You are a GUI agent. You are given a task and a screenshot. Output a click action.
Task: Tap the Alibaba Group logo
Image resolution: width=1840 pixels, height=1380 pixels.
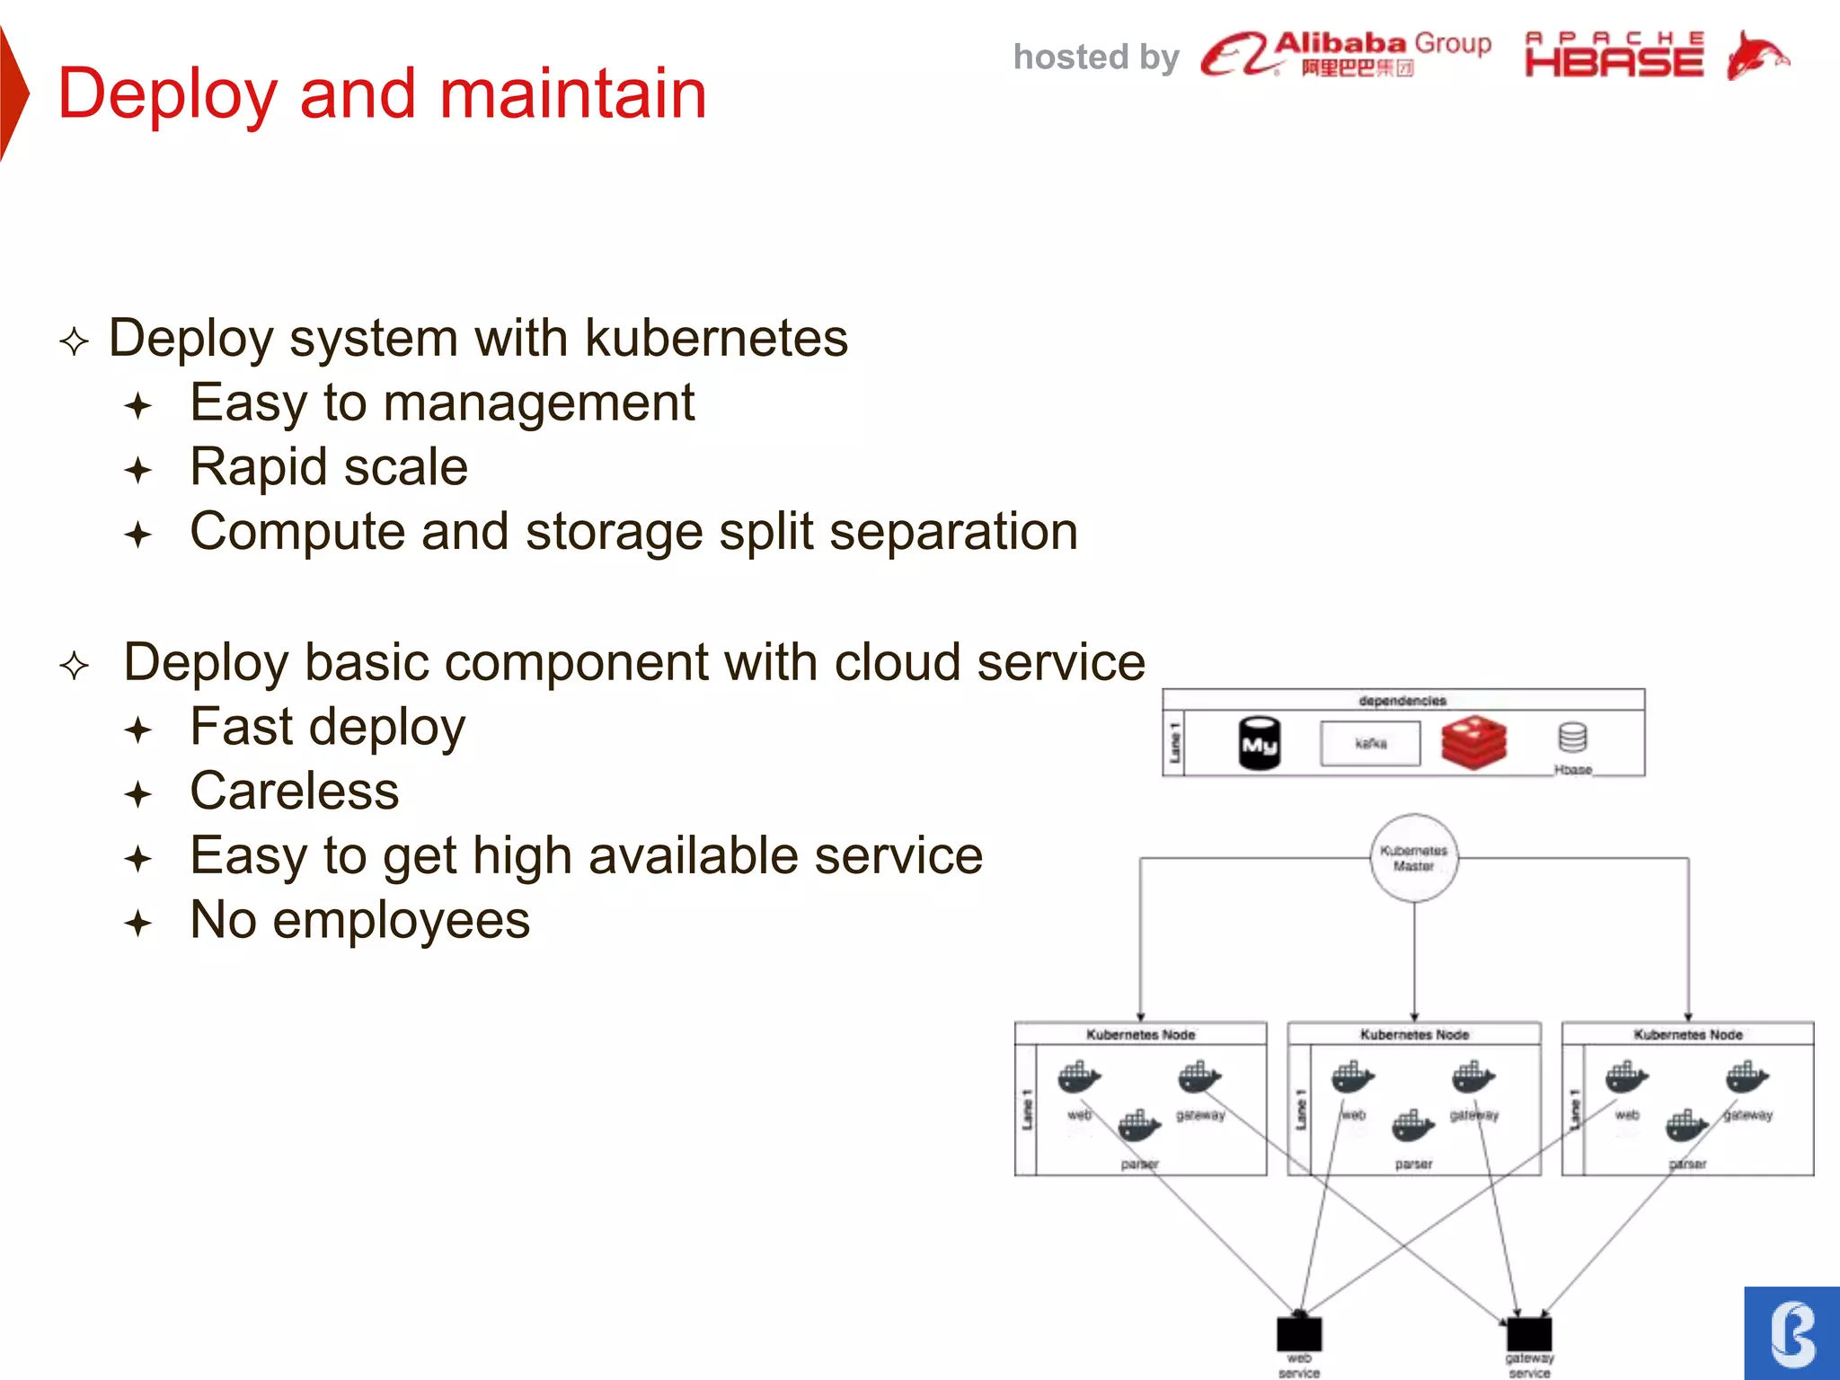tap(1345, 54)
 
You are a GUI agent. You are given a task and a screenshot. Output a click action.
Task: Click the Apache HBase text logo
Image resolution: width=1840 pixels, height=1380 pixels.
tap(1614, 55)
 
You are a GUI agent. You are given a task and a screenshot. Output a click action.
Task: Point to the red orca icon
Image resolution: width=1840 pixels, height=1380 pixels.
tap(1756, 56)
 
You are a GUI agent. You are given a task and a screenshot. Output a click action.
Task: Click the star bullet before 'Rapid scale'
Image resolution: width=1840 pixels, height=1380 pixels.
tap(138, 470)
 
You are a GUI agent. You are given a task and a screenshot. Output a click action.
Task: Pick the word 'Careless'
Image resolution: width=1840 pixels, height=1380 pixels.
tap(294, 792)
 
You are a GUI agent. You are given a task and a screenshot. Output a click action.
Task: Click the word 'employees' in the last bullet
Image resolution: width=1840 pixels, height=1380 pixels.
tap(401, 921)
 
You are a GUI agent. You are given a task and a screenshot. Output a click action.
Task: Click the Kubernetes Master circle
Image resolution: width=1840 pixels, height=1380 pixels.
tap(1413, 858)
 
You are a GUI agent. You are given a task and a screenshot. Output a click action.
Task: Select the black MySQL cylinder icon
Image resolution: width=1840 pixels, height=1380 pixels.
tap(1259, 743)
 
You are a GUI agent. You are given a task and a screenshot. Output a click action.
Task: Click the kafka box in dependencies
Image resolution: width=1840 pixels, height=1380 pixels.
tap(1370, 744)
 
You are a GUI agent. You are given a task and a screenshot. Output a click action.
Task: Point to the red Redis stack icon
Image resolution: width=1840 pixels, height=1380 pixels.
tap(1473, 742)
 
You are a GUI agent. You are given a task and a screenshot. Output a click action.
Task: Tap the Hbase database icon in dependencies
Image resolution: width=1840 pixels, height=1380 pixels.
tap(1572, 739)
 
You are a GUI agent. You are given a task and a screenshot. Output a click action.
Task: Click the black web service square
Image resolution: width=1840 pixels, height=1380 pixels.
tap(1299, 1333)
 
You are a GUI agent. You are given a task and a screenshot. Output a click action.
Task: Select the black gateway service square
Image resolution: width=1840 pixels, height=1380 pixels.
tap(1529, 1333)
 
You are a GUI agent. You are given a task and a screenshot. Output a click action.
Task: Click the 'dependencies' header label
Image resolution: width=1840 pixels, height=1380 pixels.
tap(1402, 700)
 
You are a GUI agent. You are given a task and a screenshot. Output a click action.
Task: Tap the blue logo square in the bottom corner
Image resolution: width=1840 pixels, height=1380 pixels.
tap(1791, 1333)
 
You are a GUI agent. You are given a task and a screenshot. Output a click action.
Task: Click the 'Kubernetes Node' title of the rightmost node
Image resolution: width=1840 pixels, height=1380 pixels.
tap(1687, 1035)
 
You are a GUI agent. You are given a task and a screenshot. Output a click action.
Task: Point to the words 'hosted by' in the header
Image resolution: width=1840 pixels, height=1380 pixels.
tap(1095, 57)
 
